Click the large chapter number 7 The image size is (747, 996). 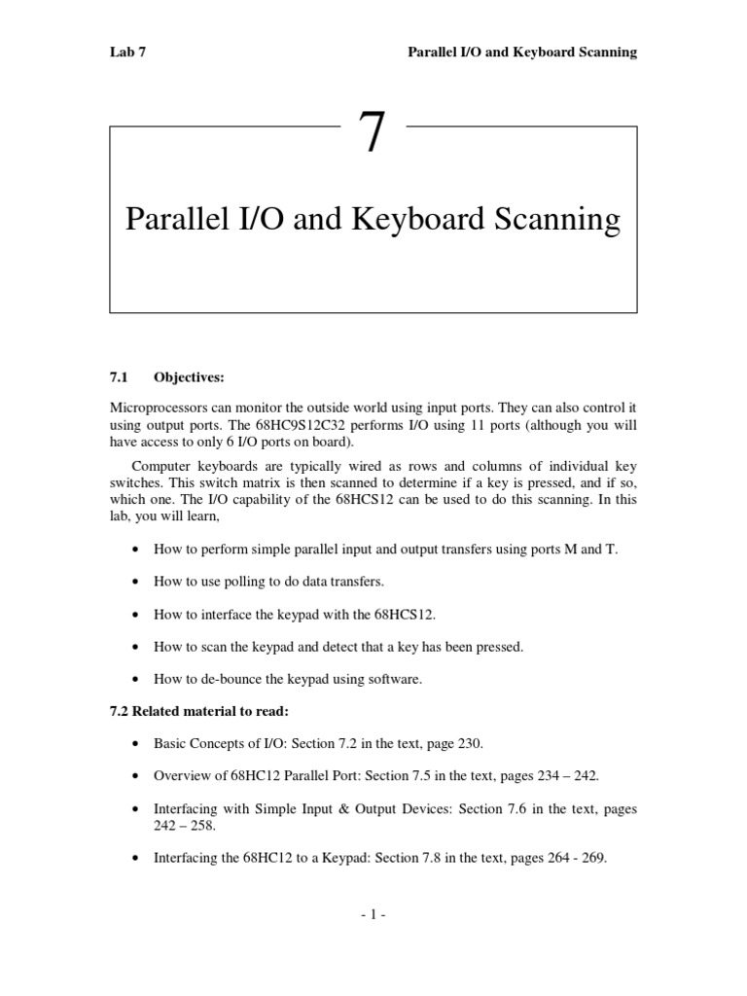click(372, 134)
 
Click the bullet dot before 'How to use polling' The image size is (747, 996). click(133, 582)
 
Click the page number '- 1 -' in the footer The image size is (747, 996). click(373, 915)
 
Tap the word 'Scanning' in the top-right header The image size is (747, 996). click(607, 53)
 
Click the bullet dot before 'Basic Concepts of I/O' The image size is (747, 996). click(133, 744)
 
